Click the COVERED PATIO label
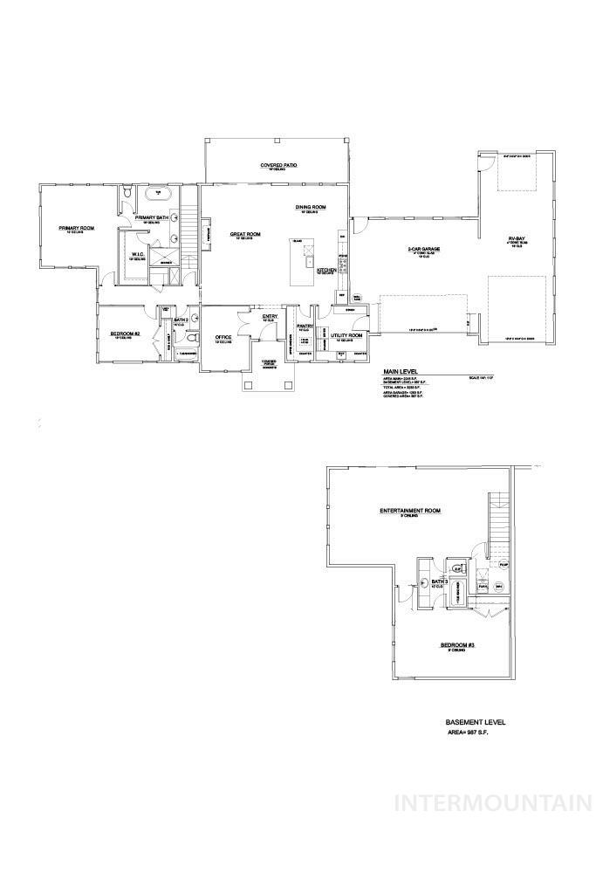275,165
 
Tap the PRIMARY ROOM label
76,228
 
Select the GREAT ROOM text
246,234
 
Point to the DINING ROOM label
310,207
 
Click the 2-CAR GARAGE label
423,249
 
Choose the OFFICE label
223,336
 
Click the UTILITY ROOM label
348,334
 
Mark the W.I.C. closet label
137,255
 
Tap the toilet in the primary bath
127,191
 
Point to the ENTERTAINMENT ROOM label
409,511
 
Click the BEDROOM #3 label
457,645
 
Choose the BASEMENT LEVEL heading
475,722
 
